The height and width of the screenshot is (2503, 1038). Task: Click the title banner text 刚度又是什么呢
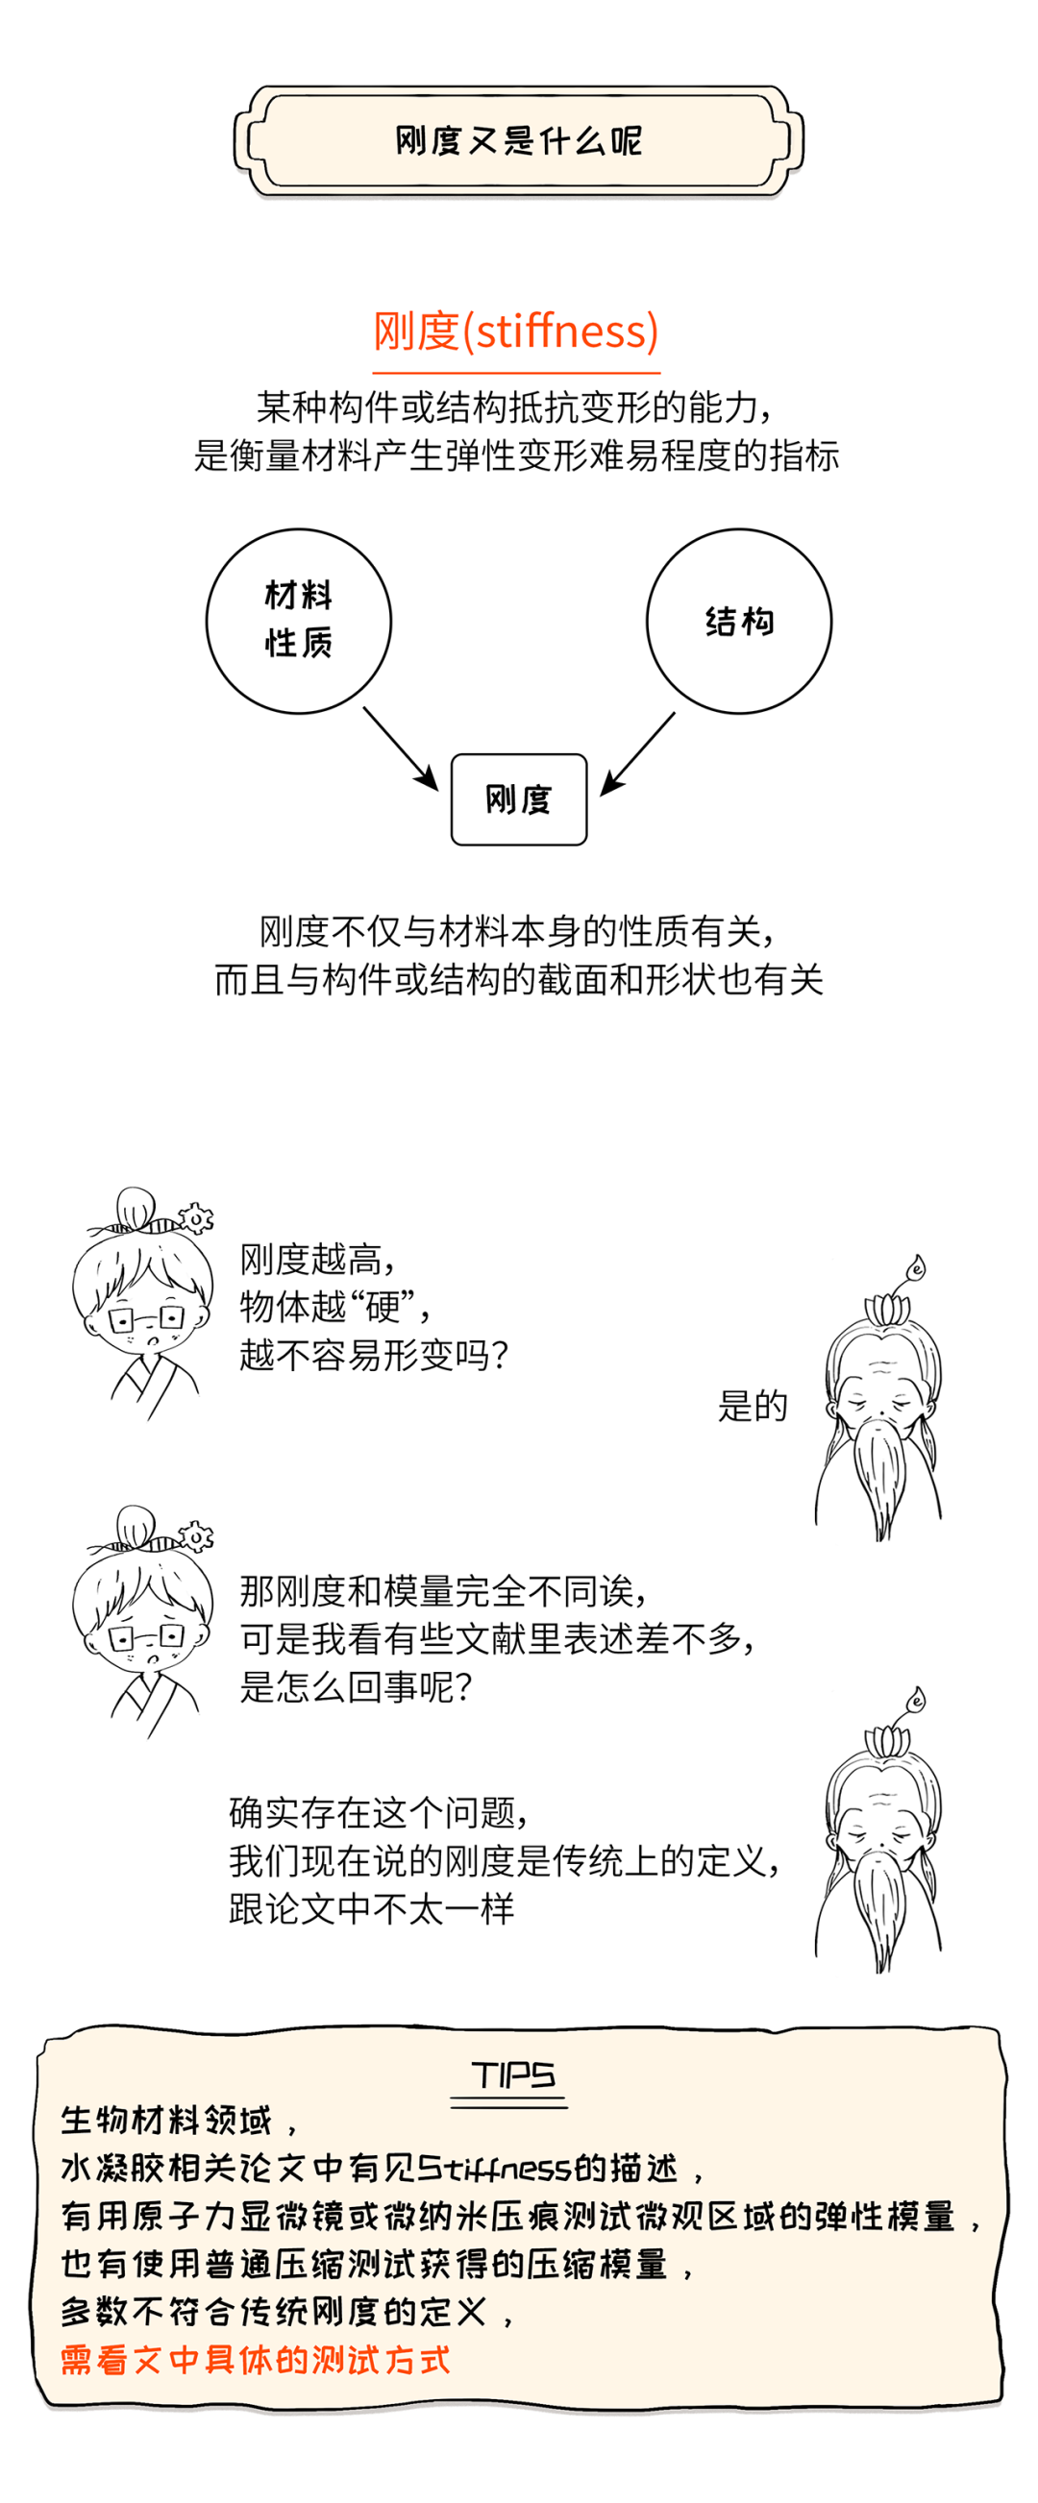point(518,141)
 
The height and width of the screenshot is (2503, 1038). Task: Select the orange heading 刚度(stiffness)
point(516,331)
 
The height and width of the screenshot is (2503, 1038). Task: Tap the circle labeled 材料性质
point(298,621)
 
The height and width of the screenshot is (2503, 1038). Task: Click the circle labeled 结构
point(739,621)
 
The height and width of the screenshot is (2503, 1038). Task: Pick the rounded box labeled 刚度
point(518,799)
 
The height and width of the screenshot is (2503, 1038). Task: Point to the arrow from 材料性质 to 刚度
point(401,748)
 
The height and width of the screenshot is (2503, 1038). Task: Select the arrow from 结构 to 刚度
point(637,754)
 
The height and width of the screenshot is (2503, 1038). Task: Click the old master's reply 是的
point(753,1406)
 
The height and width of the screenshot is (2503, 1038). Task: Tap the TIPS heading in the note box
point(512,2076)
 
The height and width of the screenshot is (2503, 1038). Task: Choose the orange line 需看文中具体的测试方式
point(255,2360)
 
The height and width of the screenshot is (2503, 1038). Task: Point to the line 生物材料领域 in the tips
point(165,2121)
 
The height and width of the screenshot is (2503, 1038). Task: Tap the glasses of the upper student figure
point(146,1318)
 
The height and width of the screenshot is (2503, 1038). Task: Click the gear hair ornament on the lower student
point(196,1537)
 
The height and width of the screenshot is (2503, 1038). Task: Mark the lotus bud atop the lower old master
point(915,1702)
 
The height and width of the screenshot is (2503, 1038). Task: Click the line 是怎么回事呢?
point(356,1688)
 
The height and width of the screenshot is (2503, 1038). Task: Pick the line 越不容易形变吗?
point(374,1355)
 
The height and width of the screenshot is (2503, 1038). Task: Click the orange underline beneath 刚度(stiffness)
point(516,372)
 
